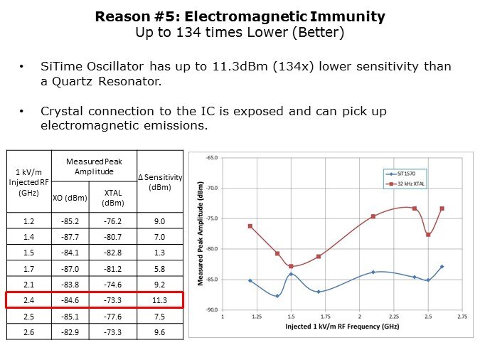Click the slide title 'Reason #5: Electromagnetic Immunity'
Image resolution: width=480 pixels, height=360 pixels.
point(240,16)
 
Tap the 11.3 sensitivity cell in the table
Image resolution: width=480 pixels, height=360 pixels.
point(160,300)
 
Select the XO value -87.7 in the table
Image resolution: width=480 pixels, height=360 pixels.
point(70,236)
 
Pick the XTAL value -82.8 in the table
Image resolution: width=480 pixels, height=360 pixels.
point(112,252)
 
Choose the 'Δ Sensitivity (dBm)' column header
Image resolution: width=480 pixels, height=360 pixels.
point(160,181)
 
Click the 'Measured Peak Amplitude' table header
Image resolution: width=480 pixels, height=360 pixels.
point(94,166)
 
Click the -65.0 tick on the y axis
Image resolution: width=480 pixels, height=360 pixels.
point(212,157)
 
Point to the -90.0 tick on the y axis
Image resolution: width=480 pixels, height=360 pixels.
point(212,309)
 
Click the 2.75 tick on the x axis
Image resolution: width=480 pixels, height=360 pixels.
point(462,316)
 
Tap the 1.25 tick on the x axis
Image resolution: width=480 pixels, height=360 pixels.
point(257,316)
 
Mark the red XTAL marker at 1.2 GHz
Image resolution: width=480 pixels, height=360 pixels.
point(250,226)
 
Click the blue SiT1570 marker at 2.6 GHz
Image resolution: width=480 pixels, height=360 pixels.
point(442,267)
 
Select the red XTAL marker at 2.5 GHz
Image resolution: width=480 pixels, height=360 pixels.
point(428,235)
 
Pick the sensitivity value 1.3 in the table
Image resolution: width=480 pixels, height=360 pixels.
point(160,252)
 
